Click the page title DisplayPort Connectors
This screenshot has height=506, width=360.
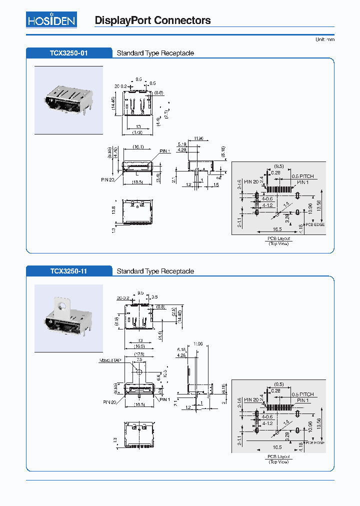pyautogui.click(x=152, y=20)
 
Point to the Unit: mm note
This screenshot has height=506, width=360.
pyautogui.click(x=325, y=39)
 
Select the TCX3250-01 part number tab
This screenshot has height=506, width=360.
pyautogui.click(x=69, y=53)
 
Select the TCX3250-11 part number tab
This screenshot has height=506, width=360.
pyautogui.click(x=69, y=271)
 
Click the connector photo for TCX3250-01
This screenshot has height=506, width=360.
pyautogui.click(x=68, y=100)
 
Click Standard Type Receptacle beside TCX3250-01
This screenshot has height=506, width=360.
pyautogui.click(x=155, y=53)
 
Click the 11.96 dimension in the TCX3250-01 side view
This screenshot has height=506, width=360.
pyautogui.click(x=198, y=138)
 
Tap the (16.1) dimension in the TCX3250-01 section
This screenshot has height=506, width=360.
pyautogui.click(x=138, y=147)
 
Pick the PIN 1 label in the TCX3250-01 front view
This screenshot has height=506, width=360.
pyautogui.click(x=165, y=151)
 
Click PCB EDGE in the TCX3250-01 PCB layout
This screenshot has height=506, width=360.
pyautogui.click(x=315, y=225)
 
